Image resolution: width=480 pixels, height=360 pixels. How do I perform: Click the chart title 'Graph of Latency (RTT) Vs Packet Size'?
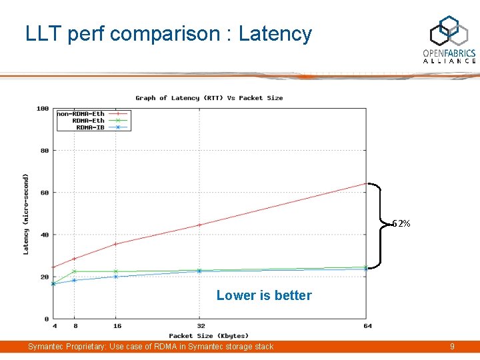tap(209, 98)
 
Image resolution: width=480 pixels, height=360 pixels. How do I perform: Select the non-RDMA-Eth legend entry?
tap(81, 114)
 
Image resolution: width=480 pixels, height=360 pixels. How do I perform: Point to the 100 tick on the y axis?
tap(43, 108)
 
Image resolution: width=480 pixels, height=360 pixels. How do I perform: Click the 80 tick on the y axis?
tap(44, 151)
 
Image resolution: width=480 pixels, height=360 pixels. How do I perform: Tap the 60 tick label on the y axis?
tap(44, 193)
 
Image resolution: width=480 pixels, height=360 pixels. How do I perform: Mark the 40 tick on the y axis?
tap(44, 235)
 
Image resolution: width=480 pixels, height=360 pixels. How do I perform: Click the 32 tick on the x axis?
tap(200, 326)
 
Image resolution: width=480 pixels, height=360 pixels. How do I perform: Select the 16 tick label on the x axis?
tap(116, 326)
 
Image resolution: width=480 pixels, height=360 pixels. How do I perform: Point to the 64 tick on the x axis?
tap(367, 326)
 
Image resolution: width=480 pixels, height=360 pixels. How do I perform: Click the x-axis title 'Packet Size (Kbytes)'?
tap(209, 336)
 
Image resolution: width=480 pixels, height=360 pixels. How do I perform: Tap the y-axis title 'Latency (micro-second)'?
tap(26, 214)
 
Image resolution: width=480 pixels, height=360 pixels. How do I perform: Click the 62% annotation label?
tap(401, 223)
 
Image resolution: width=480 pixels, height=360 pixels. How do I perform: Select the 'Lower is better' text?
tap(264, 295)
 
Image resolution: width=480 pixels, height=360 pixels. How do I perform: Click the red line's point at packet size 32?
tap(199, 225)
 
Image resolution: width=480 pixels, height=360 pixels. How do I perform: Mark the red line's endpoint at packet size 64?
tap(365, 183)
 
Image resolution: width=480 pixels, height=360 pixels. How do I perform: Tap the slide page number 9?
tap(452, 347)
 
